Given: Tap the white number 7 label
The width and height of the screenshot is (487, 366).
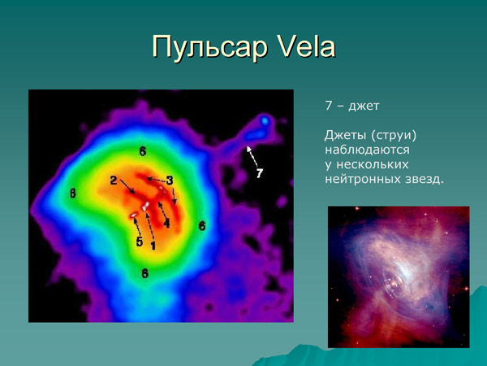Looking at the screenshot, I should tap(259, 173).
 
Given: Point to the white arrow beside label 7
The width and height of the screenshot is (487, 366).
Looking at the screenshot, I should tap(253, 156).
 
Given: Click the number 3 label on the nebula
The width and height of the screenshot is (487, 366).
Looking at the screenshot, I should tap(169, 180).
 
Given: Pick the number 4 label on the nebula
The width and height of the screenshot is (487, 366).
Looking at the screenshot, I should tap(166, 222).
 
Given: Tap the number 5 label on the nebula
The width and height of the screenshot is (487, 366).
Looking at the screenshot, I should tap(139, 242).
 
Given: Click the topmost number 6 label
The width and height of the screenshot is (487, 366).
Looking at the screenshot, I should tap(142, 151).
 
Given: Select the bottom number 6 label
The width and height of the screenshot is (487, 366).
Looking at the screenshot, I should tap(144, 273).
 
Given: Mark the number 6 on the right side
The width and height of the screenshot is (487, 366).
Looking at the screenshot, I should tap(201, 225).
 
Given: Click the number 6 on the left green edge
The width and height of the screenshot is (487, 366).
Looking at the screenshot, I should tap(72, 194).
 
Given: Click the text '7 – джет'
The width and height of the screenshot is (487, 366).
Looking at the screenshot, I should tap(351, 107).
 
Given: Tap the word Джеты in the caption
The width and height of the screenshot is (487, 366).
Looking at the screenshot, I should tap(344, 136).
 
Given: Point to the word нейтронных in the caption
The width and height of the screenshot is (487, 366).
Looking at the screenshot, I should tap(362, 178).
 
